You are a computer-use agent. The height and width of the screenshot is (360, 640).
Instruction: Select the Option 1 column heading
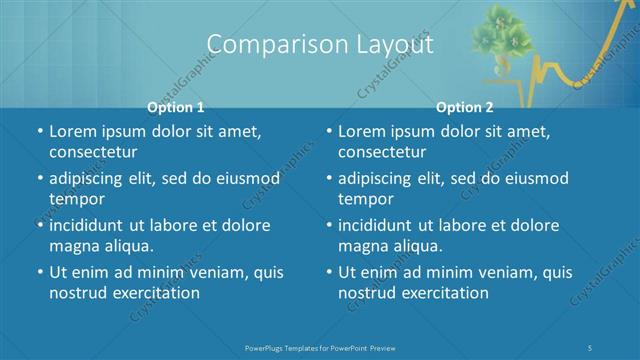(x=176, y=106)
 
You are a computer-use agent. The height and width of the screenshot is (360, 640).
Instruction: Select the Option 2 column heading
(x=465, y=106)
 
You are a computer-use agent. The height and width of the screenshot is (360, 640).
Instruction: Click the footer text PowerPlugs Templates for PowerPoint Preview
(x=319, y=348)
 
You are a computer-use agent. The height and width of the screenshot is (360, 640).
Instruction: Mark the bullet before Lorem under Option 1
(x=39, y=131)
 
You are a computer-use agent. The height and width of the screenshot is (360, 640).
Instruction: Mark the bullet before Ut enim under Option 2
(x=329, y=272)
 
